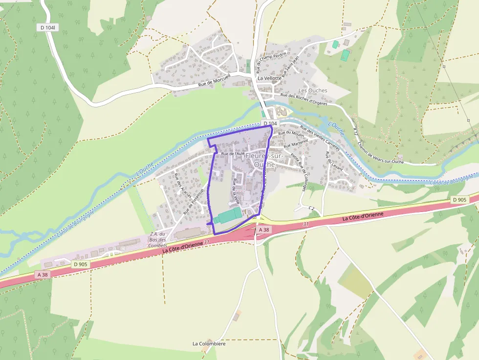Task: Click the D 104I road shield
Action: tap(48, 28)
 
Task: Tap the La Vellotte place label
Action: tap(269, 78)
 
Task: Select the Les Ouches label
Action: tap(313, 91)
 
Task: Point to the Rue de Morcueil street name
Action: tap(214, 84)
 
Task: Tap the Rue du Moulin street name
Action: tap(291, 133)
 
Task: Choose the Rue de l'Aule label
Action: tap(233, 153)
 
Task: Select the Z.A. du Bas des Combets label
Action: tap(157, 239)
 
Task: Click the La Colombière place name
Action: tap(209, 344)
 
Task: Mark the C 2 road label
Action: tap(311, 208)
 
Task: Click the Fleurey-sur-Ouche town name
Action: tap(264, 160)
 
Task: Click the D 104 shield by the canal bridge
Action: tap(269, 124)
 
